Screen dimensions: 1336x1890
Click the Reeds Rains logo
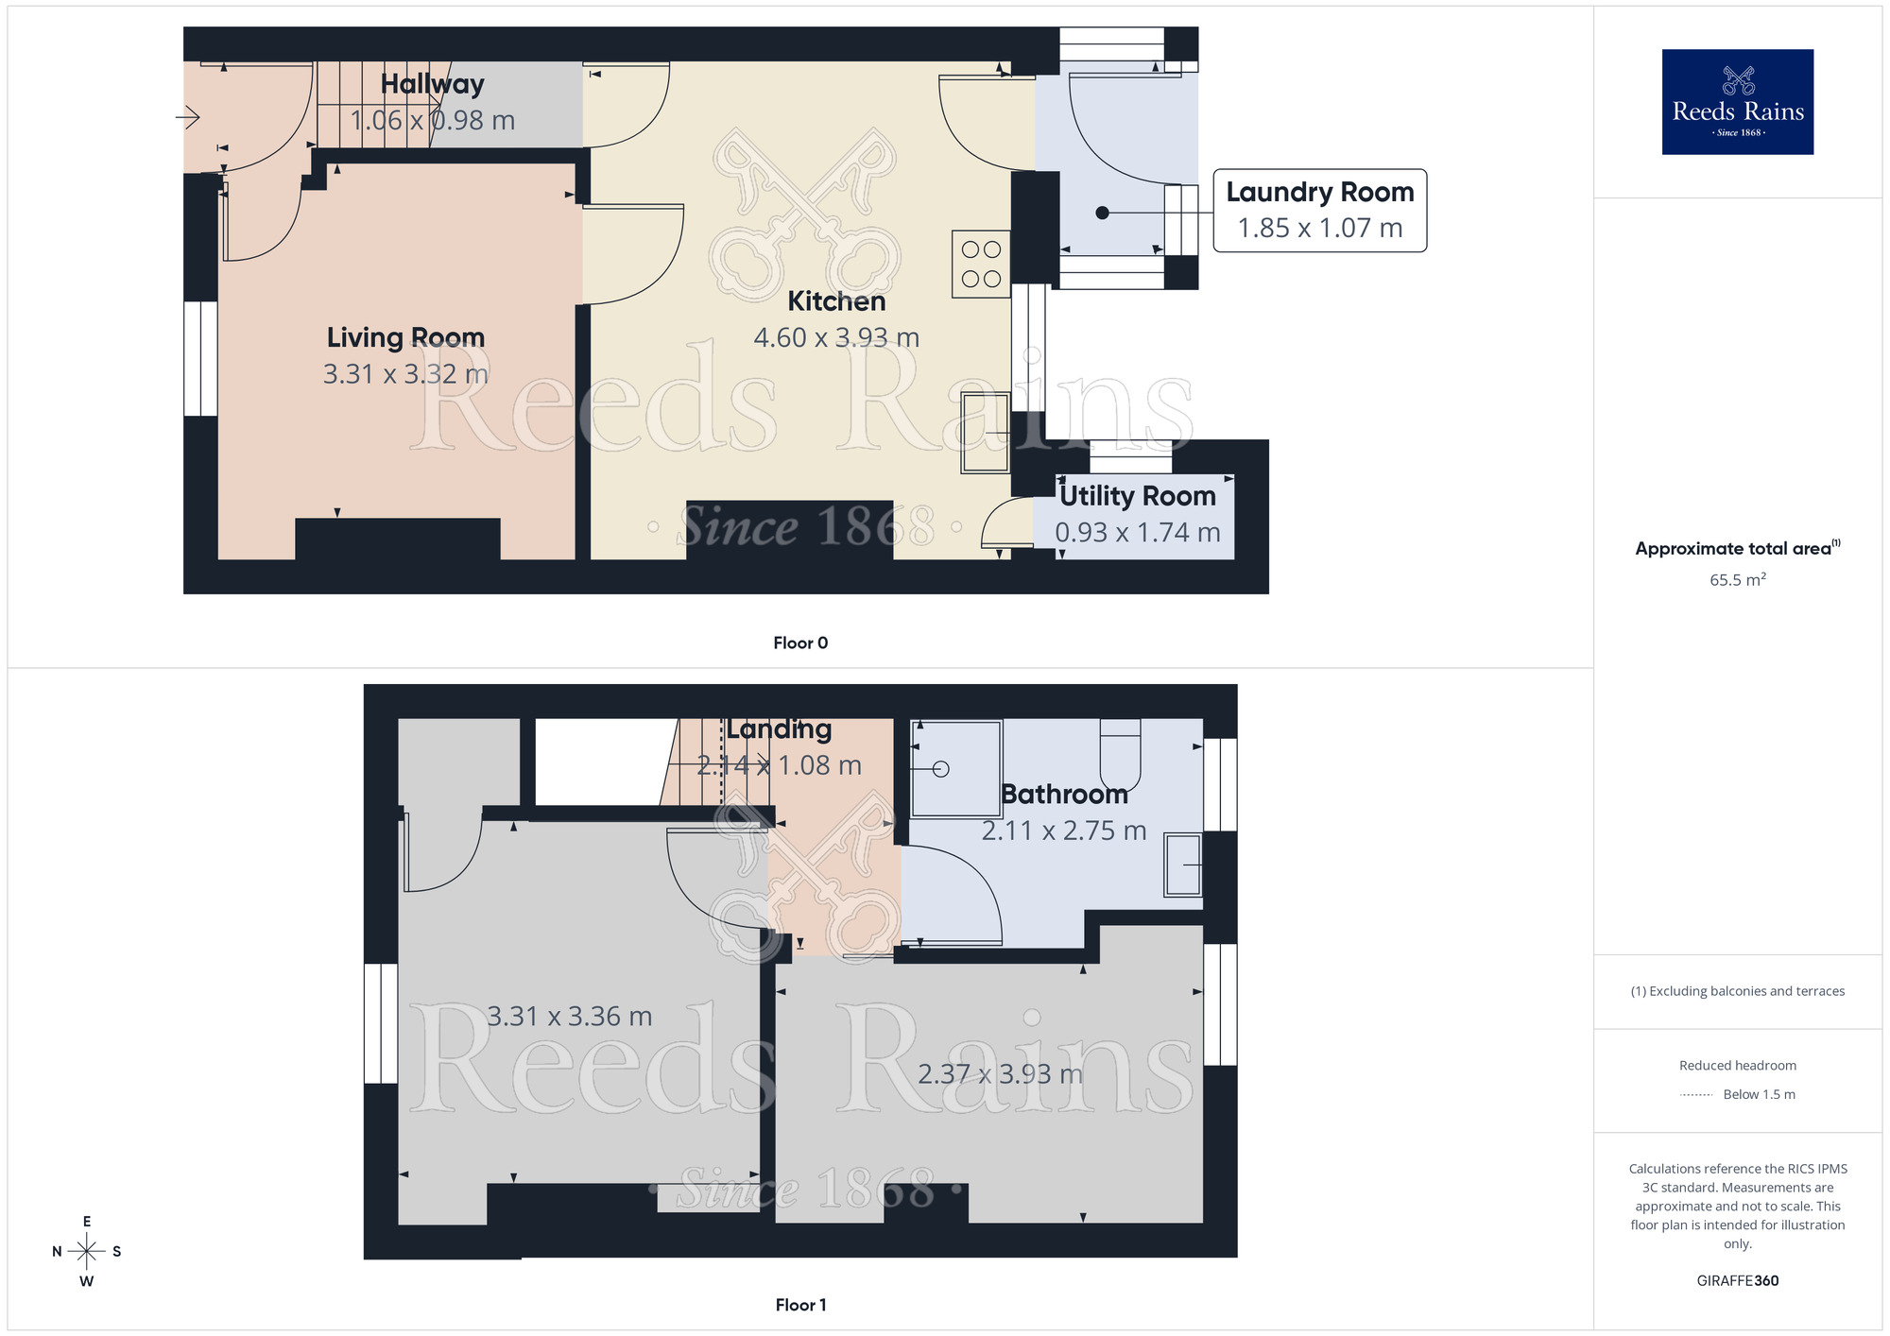(1737, 102)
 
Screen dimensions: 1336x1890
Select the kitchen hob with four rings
(981, 265)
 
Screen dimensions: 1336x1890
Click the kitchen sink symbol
(986, 433)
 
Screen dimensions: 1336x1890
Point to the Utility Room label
(1137, 496)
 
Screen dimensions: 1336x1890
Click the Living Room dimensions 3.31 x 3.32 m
(405, 374)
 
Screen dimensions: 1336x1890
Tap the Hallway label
(432, 84)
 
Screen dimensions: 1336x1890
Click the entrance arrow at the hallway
(187, 118)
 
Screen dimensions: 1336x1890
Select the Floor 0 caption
(800, 643)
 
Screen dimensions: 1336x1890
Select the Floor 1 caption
(800, 1305)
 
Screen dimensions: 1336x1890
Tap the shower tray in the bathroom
(955, 768)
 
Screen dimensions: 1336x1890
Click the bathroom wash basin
(1182, 865)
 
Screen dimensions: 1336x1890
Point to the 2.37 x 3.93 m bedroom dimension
(1000, 1074)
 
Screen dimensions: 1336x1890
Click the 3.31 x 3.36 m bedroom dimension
(569, 1017)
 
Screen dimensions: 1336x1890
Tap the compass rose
(87, 1252)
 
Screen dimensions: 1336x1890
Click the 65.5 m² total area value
(1737, 580)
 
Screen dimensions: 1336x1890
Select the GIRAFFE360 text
(1737, 1281)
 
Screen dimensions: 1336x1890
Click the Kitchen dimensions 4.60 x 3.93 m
(836, 337)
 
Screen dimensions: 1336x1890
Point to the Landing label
(779, 729)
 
